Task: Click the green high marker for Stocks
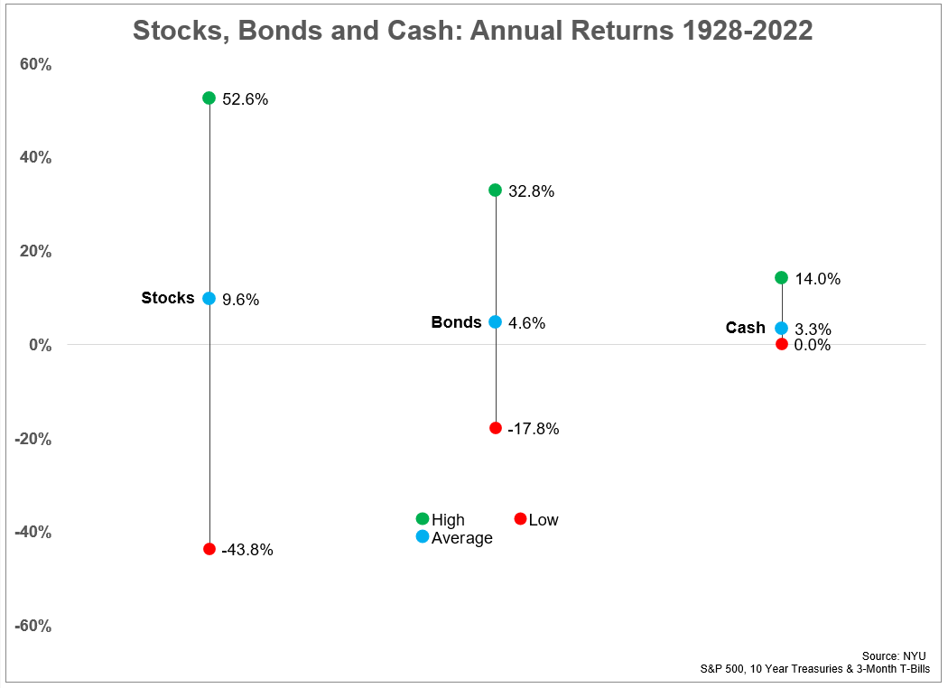tap(209, 98)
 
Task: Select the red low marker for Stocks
tap(209, 548)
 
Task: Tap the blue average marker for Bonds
tap(495, 321)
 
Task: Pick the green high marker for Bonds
tap(495, 190)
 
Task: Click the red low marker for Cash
tap(782, 344)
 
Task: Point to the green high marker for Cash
tap(782, 277)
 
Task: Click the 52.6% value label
tap(245, 99)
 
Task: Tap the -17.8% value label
tap(533, 430)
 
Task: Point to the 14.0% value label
tap(817, 279)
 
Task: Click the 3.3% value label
tap(813, 330)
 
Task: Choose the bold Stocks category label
tap(168, 298)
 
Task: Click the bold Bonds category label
tap(456, 322)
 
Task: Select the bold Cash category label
tap(745, 328)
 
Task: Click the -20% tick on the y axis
tap(33, 439)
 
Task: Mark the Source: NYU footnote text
tap(894, 655)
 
